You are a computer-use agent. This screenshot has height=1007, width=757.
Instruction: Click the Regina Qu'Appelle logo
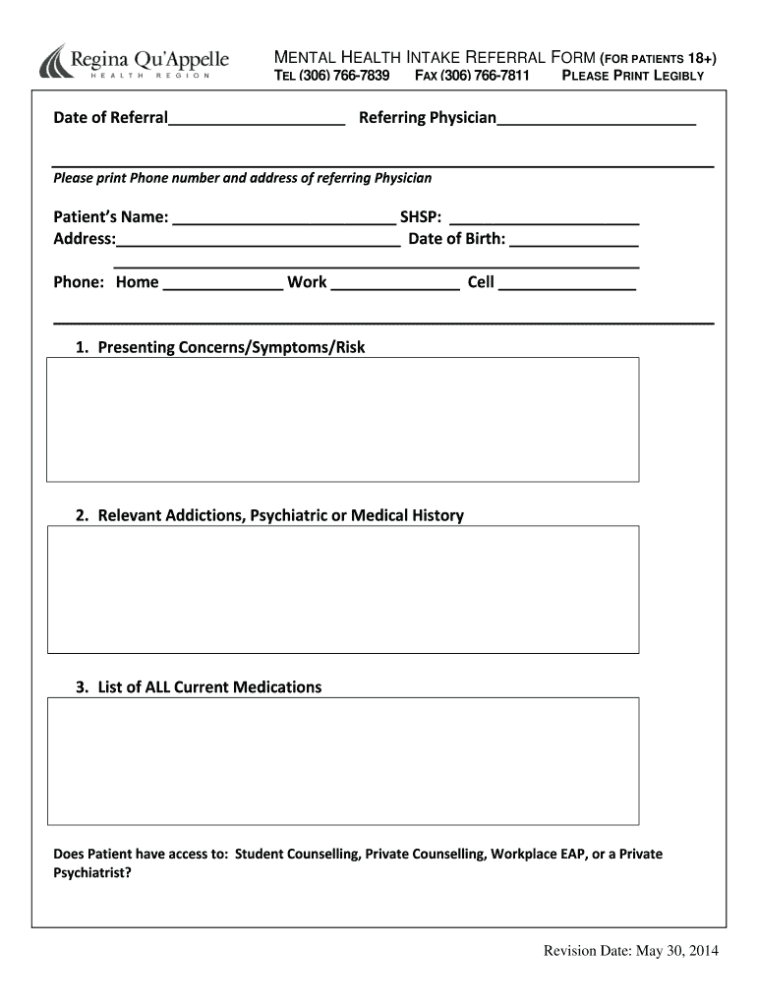click(x=134, y=63)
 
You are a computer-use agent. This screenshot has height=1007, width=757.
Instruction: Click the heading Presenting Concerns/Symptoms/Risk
click(x=231, y=347)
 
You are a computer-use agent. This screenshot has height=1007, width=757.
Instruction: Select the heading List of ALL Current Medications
click(x=209, y=686)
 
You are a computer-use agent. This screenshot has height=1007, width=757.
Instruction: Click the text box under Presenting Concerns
click(x=343, y=419)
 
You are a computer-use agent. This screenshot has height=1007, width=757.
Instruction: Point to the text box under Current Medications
click(x=343, y=760)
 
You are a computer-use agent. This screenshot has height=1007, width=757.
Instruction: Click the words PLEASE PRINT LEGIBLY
click(x=632, y=76)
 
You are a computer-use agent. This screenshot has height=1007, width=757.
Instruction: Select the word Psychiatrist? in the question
click(x=91, y=872)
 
